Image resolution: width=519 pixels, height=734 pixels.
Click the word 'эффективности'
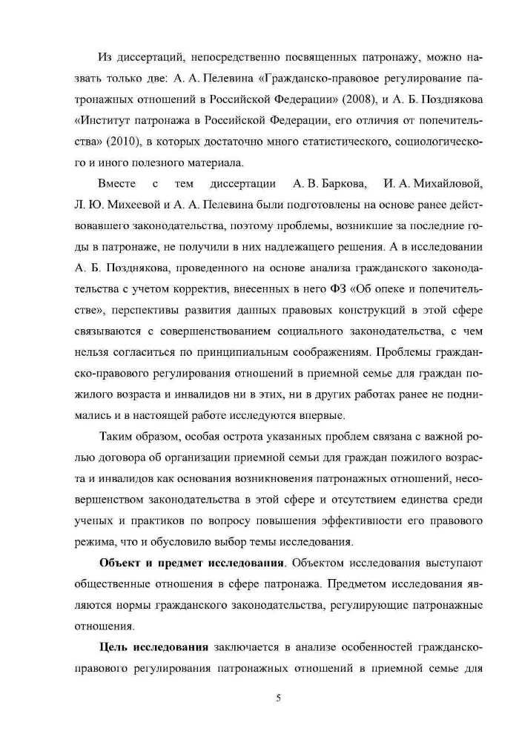(x=379, y=521)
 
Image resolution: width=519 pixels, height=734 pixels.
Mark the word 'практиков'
(x=151, y=521)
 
